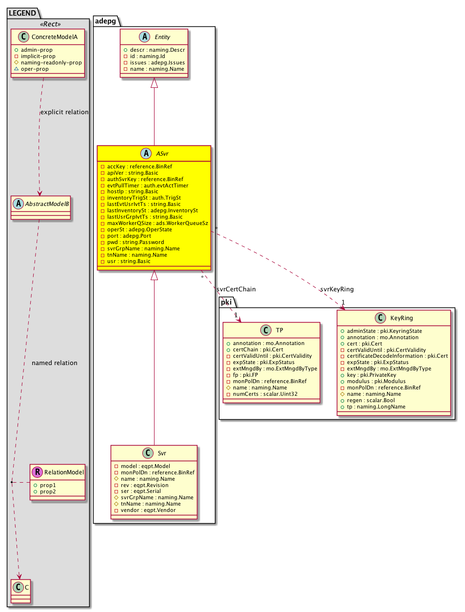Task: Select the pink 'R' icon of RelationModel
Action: (38, 472)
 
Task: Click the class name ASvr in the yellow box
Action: (162, 154)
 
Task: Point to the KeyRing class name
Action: (401, 318)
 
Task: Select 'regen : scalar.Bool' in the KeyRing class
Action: (370, 400)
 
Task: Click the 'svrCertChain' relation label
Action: (236, 289)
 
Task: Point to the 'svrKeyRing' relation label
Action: (337, 289)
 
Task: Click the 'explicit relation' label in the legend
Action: (64, 112)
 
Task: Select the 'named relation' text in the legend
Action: (55, 363)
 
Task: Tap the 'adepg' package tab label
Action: (106, 21)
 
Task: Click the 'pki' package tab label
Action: (227, 302)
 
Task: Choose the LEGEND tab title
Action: (22, 13)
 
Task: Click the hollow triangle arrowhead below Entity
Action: (154, 83)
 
